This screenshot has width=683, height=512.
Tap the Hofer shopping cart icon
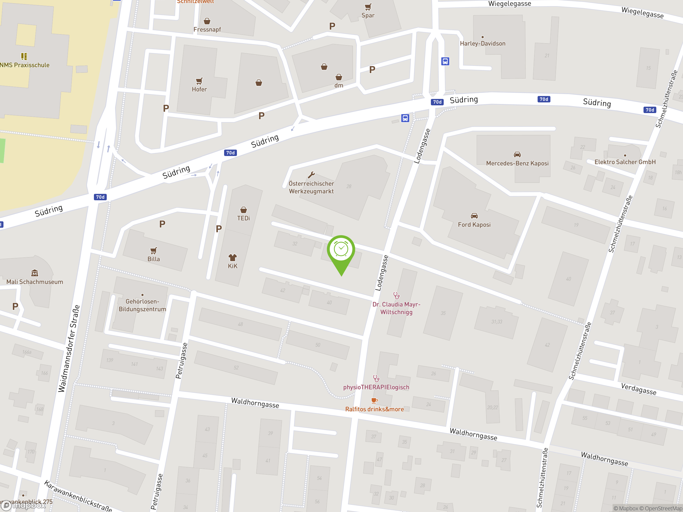pos(199,81)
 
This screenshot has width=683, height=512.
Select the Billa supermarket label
pos(153,259)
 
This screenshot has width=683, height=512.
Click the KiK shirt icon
pos(232,257)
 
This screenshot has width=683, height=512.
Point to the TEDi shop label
pos(243,218)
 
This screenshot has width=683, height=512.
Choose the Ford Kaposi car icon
pos(474,216)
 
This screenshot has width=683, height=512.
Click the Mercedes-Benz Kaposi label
pos(517,163)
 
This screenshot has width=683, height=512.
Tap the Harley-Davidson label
pos(482,43)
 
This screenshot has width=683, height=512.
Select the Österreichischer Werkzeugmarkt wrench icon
pos(311,175)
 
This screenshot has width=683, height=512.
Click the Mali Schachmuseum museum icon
pos(35,273)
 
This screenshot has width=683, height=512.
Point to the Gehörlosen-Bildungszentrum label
pos(142,305)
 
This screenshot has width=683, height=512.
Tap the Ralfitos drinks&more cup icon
pos(374,401)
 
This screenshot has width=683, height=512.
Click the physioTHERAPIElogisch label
pos(376,387)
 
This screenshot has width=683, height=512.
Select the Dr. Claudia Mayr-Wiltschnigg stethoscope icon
pos(396,296)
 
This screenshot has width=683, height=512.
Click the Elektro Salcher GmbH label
pos(625,162)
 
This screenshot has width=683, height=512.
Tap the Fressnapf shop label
pos(207,30)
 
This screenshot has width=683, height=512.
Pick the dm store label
pos(339,86)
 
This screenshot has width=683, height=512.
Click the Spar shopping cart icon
pos(368,7)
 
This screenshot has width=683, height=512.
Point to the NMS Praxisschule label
pos(25,65)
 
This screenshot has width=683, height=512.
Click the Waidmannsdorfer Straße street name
pos(69,349)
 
